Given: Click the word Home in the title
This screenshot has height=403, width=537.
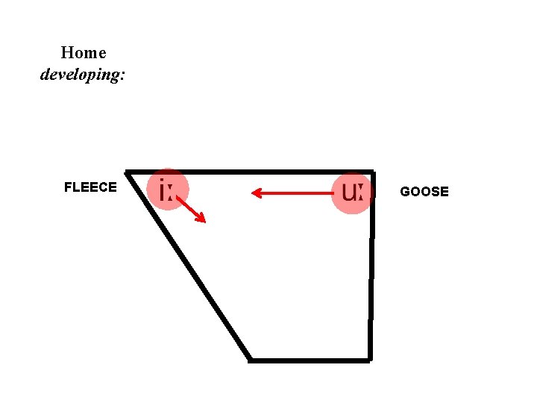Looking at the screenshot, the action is pyautogui.click(x=84, y=53).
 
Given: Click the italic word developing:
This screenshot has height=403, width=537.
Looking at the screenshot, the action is pyautogui.click(x=83, y=75).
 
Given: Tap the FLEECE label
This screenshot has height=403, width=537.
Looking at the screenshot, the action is pyautogui.click(x=90, y=187).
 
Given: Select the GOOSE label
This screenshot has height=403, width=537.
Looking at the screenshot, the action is pyautogui.click(x=424, y=192).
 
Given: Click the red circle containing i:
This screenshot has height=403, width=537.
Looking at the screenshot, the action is pyautogui.click(x=168, y=189).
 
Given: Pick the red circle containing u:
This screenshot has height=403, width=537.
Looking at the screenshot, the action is pyautogui.click(x=351, y=193).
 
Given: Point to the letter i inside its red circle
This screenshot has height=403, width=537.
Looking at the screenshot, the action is pyautogui.click(x=163, y=191).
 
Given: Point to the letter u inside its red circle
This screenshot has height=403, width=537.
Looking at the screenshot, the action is pyautogui.click(x=348, y=193).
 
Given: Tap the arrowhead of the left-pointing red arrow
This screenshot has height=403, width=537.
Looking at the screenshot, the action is pyautogui.click(x=256, y=193).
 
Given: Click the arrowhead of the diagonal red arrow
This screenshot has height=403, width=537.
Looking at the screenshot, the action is pyautogui.click(x=201, y=218).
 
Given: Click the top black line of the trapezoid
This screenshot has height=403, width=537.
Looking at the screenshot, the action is pyautogui.click(x=250, y=172).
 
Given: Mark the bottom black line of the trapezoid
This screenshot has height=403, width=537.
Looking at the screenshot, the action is pyautogui.click(x=310, y=360).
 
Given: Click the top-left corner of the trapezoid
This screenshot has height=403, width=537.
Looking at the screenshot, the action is pyautogui.click(x=128, y=172).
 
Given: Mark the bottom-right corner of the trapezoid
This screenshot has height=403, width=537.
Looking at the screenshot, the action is pyautogui.click(x=369, y=360).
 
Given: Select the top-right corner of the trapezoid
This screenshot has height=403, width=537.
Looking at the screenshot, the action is pyautogui.click(x=371, y=172).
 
